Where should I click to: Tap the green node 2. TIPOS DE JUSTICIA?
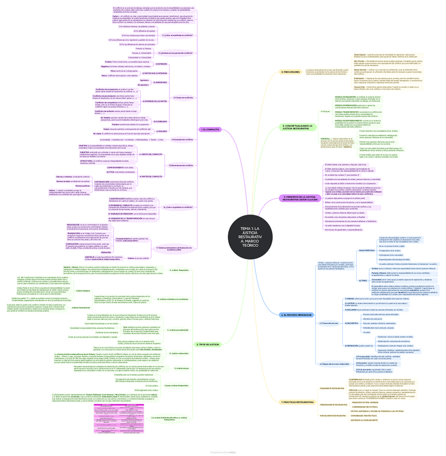click(x=207, y=344)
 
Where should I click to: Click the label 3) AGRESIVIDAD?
click(x=161, y=82)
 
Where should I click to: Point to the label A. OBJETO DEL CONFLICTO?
click(x=151, y=154)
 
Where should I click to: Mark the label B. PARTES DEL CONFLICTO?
click(x=152, y=176)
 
